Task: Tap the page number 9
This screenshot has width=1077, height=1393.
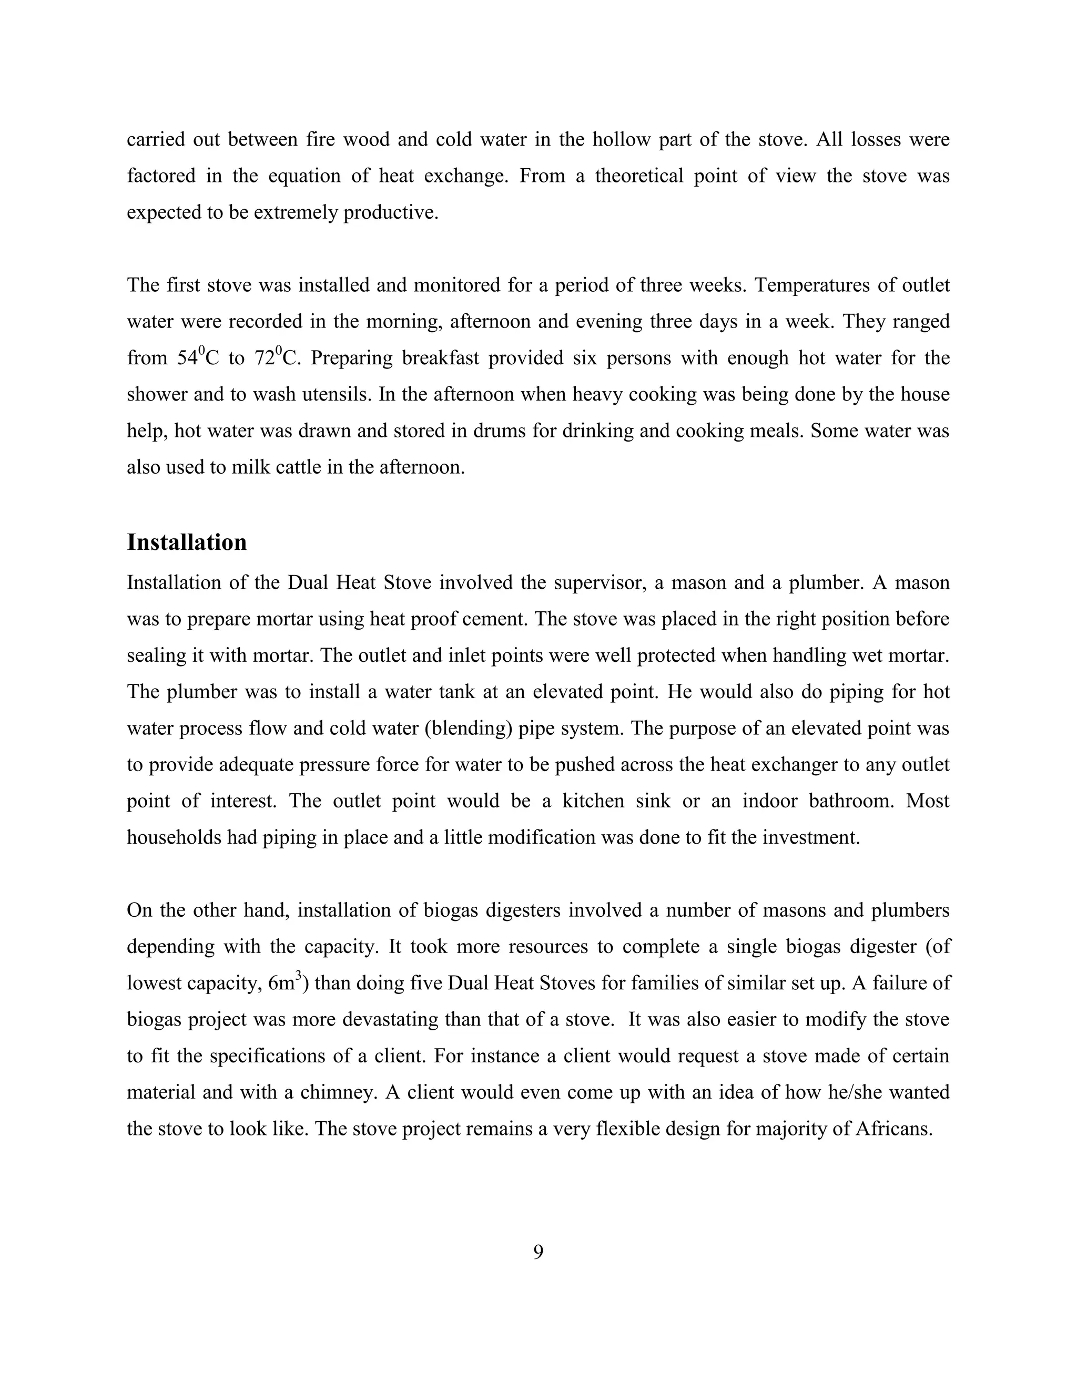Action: click(x=538, y=1252)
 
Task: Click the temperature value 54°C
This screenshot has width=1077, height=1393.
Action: click(x=197, y=358)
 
